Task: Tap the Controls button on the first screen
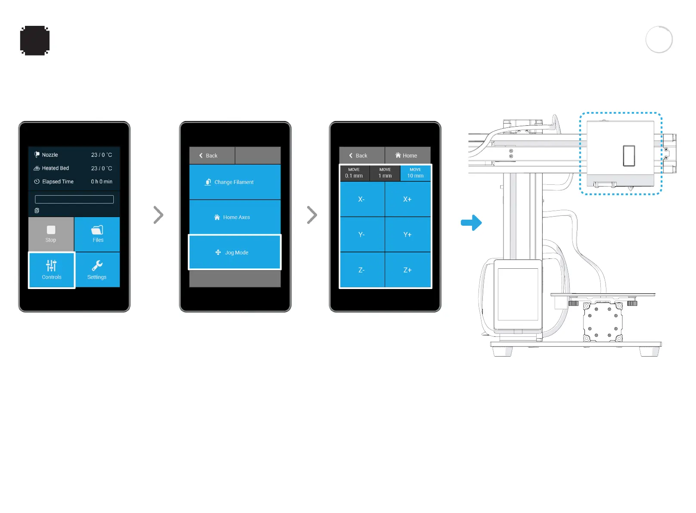click(52, 270)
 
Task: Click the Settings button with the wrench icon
click(97, 270)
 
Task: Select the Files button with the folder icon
click(97, 234)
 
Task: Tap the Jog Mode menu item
click(235, 252)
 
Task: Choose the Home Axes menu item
click(235, 217)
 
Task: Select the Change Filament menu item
click(235, 182)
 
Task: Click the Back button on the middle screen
click(212, 155)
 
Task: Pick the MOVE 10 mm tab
click(415, 173)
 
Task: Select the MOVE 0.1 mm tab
click(354, 173)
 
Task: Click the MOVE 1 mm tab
click(385, 173)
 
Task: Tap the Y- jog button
click(362, 234)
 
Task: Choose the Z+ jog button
click(407, 270)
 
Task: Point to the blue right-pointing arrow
click(471, 223)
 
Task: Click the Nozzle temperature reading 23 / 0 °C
click(102, 155)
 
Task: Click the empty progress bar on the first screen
click(74, 199)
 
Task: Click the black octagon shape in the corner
click(35, 40)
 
